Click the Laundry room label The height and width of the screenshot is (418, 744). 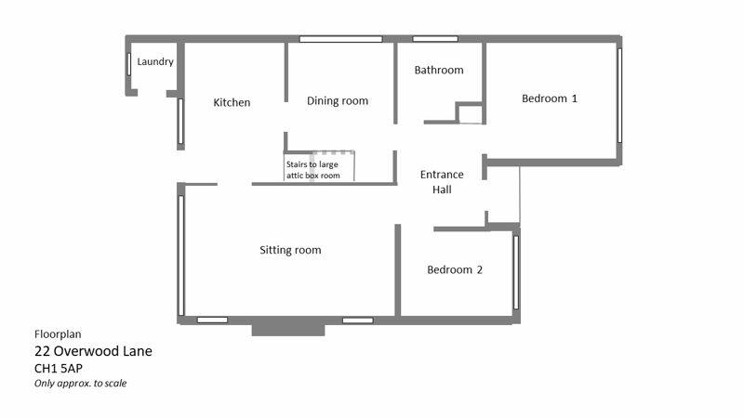click(x=155, y=61)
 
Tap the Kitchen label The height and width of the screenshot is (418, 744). click(x=232, y=102)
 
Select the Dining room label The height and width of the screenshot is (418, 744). click(x=338, y=101)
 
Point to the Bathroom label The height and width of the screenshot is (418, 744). click(x=439, y=71)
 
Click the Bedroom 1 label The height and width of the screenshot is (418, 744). click(x=550, y=98)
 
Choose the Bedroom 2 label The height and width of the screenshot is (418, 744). click(x=455, y=269)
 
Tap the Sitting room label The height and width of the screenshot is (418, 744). click(x=290, y=250)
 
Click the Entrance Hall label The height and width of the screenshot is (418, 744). click(x=442, y=182)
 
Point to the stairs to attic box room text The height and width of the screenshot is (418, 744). click(x=312, y=170)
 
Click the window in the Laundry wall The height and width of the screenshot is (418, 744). click(x=129, y=64)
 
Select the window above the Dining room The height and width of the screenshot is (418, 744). click(x=340, y=39)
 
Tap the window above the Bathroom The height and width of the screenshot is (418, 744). click(x=435, y=39)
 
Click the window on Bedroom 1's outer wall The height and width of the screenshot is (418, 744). click(x=619, y=95)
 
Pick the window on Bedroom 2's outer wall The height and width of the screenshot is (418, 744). click(x=516, y=272)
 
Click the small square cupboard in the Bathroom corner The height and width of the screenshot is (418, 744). click(x=470, y=113)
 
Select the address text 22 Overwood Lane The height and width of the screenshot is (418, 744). click(x=94, y=351)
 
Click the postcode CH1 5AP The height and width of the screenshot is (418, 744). click(x=59, y=368)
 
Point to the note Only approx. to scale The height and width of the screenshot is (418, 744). click(x=80, y=384)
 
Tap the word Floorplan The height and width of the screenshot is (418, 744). click(x=58, y=334)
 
